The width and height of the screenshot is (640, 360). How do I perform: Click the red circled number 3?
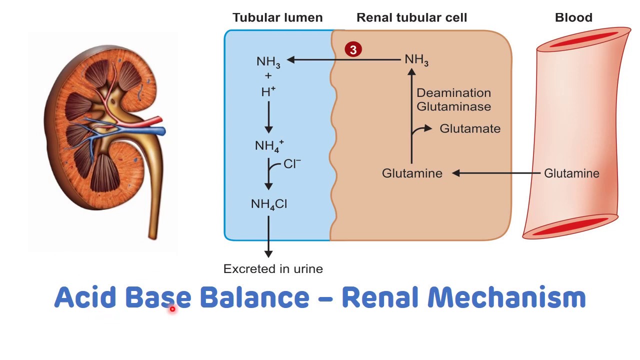353,49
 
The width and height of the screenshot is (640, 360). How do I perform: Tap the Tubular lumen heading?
277,18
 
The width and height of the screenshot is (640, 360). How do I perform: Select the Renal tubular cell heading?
411,18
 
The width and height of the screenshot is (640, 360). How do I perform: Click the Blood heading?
573,18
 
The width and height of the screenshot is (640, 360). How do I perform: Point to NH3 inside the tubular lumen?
268,62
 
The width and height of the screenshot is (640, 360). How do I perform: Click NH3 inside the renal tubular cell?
416,60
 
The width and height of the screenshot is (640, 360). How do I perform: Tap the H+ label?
268,91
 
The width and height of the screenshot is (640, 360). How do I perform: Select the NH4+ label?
269,146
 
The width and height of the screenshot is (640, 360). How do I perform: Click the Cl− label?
292,164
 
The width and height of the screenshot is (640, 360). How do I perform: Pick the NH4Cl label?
269,204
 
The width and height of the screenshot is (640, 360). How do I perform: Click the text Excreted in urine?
273,269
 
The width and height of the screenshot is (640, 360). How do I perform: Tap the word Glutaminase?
453,106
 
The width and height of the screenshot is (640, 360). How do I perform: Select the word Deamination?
453,93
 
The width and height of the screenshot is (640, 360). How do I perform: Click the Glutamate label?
470,129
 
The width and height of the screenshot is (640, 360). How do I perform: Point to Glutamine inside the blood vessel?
571,173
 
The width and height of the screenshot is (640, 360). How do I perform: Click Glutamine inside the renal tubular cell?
412,173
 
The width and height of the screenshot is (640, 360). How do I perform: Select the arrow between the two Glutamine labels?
497,173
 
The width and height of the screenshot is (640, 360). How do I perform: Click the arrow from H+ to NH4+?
268,117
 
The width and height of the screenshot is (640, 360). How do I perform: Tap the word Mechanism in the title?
506,297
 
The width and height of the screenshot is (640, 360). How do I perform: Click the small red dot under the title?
172,309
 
